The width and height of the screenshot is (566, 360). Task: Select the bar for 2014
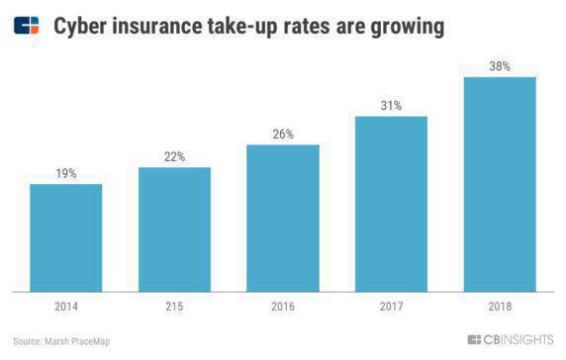pos(66,237)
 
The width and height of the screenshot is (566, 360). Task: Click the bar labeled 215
pos(174,229)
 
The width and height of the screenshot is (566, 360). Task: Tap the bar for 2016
pos(283,218)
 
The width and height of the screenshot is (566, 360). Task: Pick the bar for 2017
pos(391,204)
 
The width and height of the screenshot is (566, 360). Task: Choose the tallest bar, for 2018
pos(500,184)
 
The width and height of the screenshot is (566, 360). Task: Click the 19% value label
pos(66,173)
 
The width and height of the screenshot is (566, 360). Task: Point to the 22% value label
pos(174,156)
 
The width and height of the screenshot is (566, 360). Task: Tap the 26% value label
pos(283,134)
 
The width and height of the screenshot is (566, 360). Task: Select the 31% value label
pos(391,105)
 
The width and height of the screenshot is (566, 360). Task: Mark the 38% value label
pos(500,65)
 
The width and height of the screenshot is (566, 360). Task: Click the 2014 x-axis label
pos(66,307)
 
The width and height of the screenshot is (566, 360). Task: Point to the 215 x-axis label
pos(174,307)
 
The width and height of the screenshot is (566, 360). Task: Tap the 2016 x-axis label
pos(283,307)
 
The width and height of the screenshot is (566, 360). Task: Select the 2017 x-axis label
pos(391,307)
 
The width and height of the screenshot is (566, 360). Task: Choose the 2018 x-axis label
pos(500,307)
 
